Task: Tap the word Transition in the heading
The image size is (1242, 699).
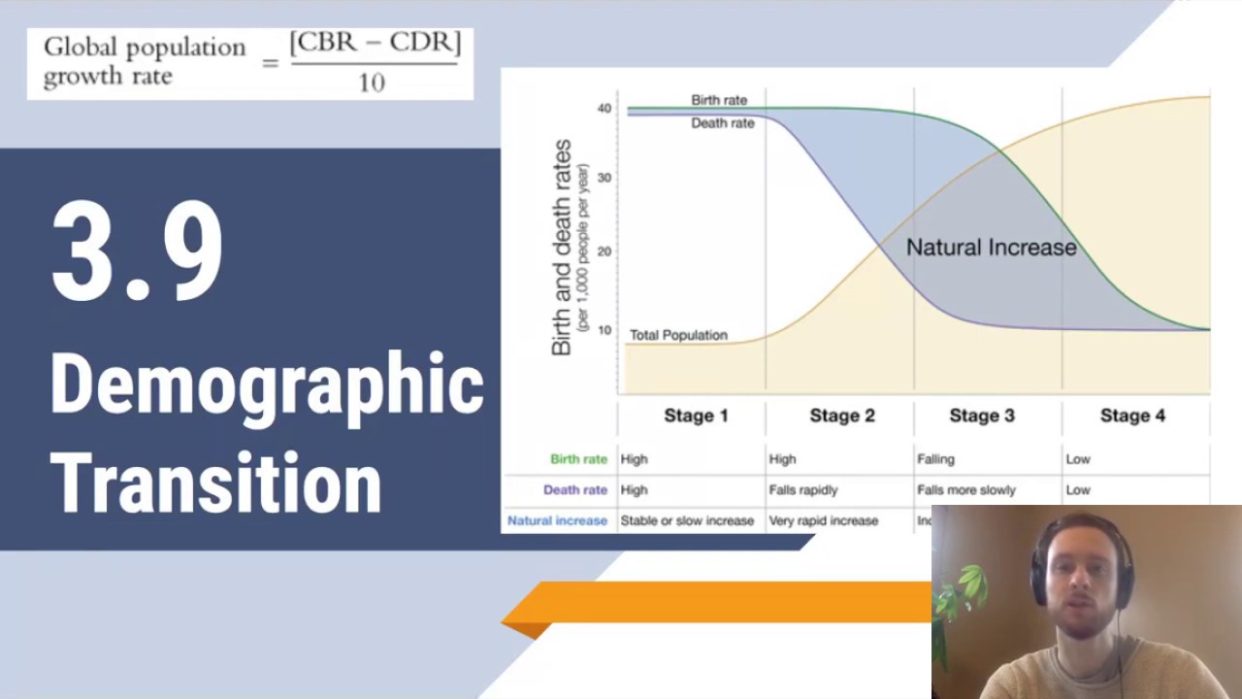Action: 215,482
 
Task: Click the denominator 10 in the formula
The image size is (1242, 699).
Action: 372,83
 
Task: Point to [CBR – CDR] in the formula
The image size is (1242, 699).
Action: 375,44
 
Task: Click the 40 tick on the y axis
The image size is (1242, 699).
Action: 605,109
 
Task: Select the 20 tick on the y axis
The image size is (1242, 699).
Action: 605,251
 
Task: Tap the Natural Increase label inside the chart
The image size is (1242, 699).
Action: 991,248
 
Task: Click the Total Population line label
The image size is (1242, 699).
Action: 678,335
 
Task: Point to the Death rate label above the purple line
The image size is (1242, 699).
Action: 722,123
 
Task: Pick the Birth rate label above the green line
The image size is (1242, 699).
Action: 719,100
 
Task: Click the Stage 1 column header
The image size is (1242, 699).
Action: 696,416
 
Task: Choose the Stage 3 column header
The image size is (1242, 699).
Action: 981,416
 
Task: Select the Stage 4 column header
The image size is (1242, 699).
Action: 1132,416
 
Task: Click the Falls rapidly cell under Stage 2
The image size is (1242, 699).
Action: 802,490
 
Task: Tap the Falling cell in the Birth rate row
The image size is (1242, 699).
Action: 935,459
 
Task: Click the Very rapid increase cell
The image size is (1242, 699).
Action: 823,521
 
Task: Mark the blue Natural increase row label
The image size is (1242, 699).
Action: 557,521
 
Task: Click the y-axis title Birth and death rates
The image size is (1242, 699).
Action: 562,248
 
